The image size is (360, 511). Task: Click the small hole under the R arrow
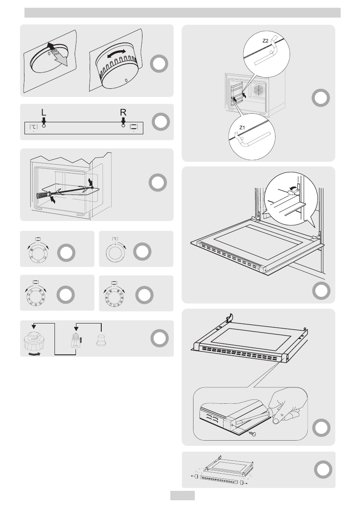123,127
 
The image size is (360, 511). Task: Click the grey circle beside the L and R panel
159,122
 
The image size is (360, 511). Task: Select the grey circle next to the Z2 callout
320,97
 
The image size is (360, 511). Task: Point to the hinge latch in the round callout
292,194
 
